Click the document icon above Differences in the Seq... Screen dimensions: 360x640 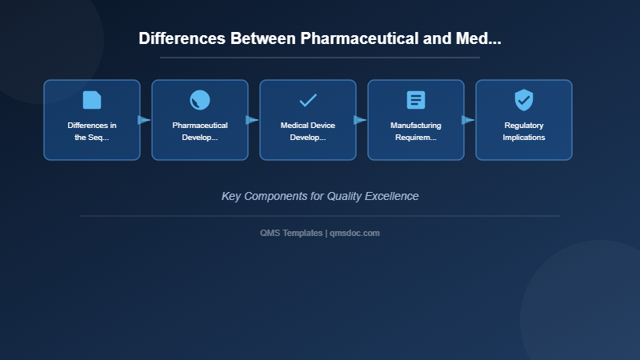pos(92,100)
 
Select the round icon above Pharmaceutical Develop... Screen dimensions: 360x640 pos(200,100)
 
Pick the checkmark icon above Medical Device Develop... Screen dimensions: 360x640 pos(308,100)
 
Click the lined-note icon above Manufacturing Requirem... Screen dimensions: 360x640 pos(416,100)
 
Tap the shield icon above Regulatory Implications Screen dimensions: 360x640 pos(524,100)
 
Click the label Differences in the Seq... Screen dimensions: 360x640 pos(92,131)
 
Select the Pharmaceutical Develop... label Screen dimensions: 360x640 pos(200,131)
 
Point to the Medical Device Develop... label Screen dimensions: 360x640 pos(308,131)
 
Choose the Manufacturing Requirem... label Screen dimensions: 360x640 pos(416,131)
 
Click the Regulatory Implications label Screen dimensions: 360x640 pos(524,131)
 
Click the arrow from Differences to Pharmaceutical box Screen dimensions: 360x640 pos(144,120)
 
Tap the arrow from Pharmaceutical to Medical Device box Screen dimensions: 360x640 pos(252,120)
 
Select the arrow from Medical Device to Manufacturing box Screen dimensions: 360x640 pos(360,120)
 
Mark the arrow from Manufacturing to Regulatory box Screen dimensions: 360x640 pos(468,120)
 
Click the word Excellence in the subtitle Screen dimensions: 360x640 pos(391,196)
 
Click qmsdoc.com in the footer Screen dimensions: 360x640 pos(355,233)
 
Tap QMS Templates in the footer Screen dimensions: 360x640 pos(291,233)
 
